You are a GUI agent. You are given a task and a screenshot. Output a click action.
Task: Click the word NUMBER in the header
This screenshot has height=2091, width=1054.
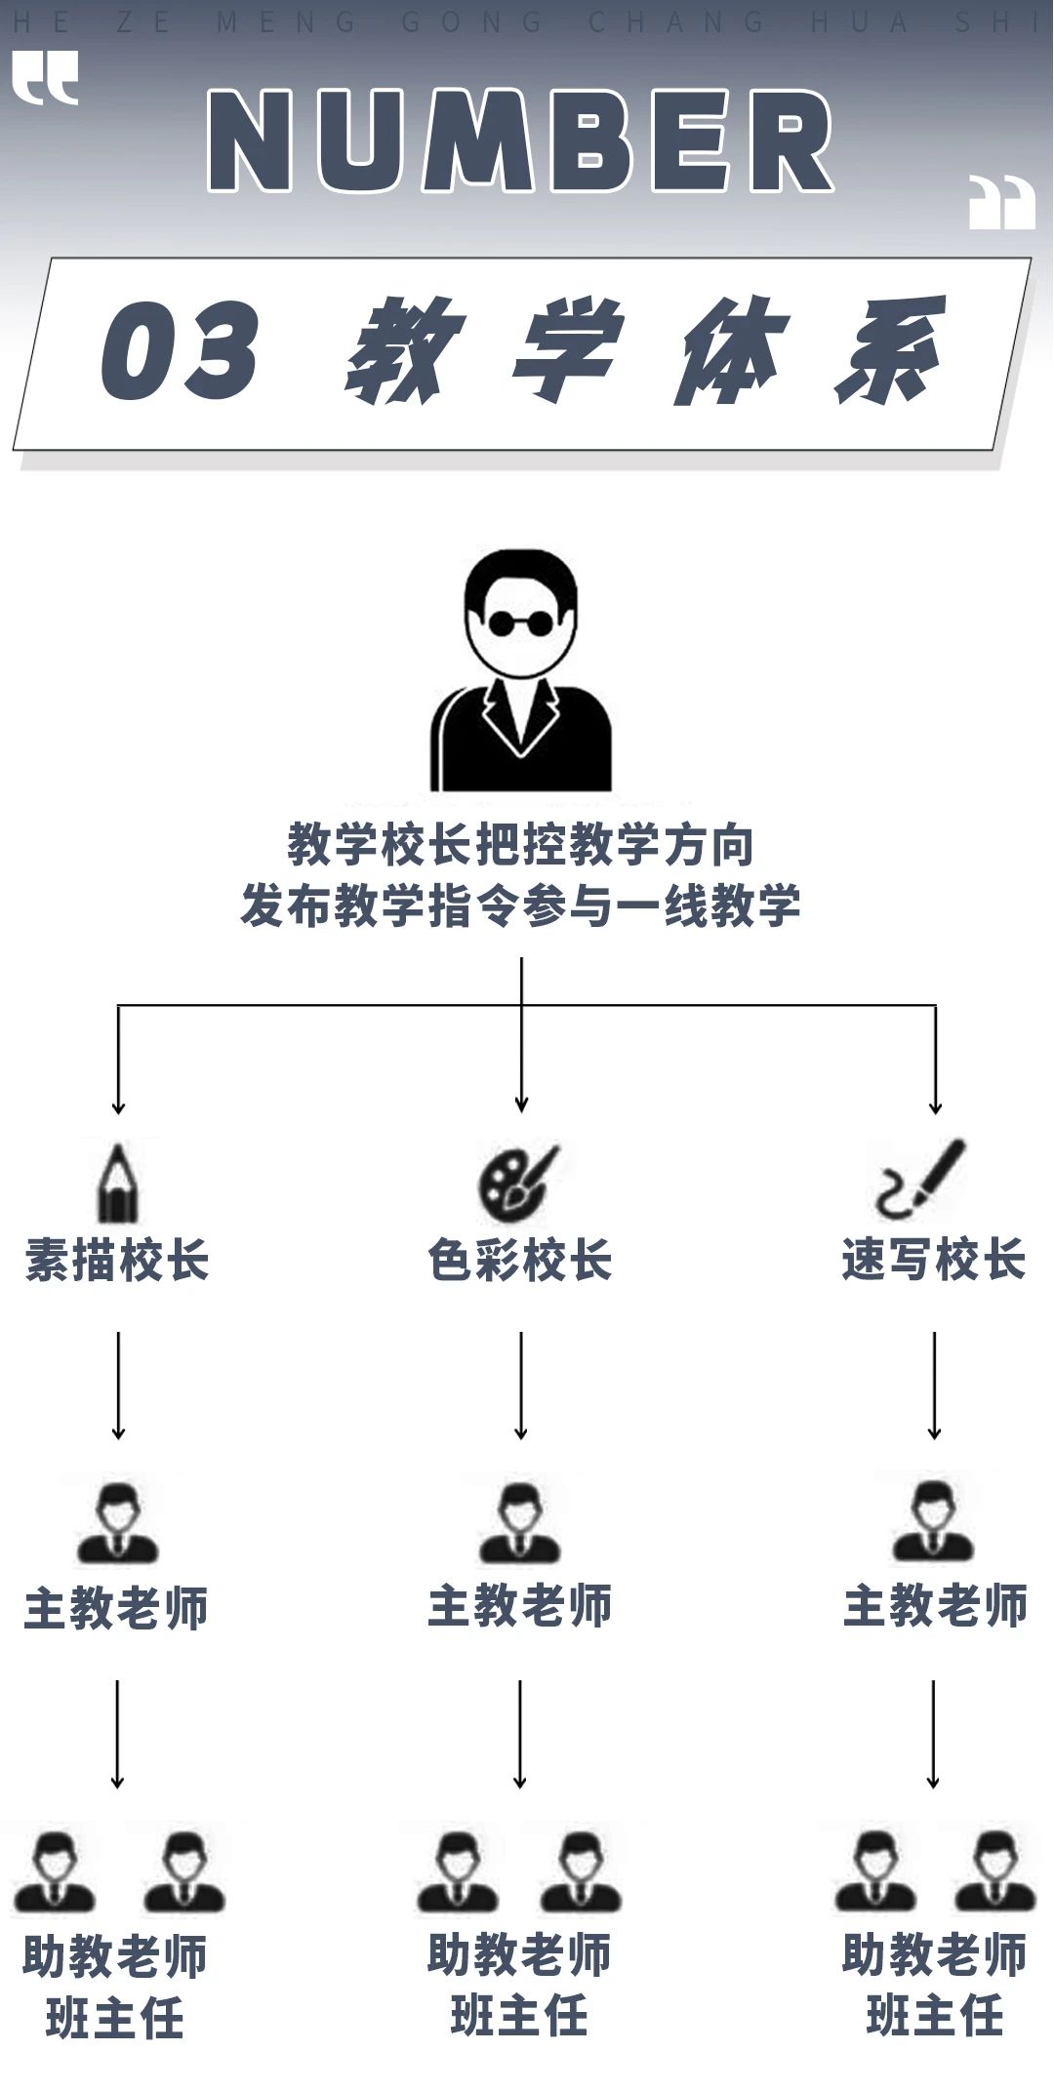(520, 141)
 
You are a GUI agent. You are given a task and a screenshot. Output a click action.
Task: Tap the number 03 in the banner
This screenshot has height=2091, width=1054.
(180, 350)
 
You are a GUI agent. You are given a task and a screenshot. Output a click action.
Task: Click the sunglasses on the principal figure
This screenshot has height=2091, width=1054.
(520, 622)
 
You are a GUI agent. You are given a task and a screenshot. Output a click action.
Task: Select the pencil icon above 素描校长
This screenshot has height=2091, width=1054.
(118, 1183)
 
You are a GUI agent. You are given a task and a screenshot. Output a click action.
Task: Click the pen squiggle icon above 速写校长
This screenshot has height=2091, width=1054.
(920, 1179)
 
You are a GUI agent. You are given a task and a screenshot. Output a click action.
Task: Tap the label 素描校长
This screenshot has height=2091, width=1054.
(117, 1260)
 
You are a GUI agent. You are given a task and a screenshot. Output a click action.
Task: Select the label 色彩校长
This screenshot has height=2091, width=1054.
(520, 1260)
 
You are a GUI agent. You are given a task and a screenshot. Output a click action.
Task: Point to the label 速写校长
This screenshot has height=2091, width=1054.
(934, 1259)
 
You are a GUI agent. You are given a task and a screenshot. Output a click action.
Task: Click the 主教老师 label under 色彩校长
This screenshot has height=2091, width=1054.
(520, 1606)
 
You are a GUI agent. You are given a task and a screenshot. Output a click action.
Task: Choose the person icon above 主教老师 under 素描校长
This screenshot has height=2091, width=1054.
(118, 1523)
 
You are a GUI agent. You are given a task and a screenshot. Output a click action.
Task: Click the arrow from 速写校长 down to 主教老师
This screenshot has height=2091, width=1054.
(934, 1386)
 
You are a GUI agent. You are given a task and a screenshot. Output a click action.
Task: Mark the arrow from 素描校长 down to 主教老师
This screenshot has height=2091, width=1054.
(118, 1386)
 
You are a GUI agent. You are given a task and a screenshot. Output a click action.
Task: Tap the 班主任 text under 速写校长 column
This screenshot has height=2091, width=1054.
(935, 2015)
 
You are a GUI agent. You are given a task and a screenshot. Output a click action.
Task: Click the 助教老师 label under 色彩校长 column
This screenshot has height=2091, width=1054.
(520, 1954)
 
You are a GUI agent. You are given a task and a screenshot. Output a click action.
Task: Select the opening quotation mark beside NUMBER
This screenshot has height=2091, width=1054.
(45, 78)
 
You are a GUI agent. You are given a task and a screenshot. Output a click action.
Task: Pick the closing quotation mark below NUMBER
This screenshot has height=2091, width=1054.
(1002, 202)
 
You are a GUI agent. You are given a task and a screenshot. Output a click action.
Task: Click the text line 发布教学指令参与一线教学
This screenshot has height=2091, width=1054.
(520, 905)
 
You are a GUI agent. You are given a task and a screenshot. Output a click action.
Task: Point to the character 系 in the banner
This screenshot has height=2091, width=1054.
(890, 350)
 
